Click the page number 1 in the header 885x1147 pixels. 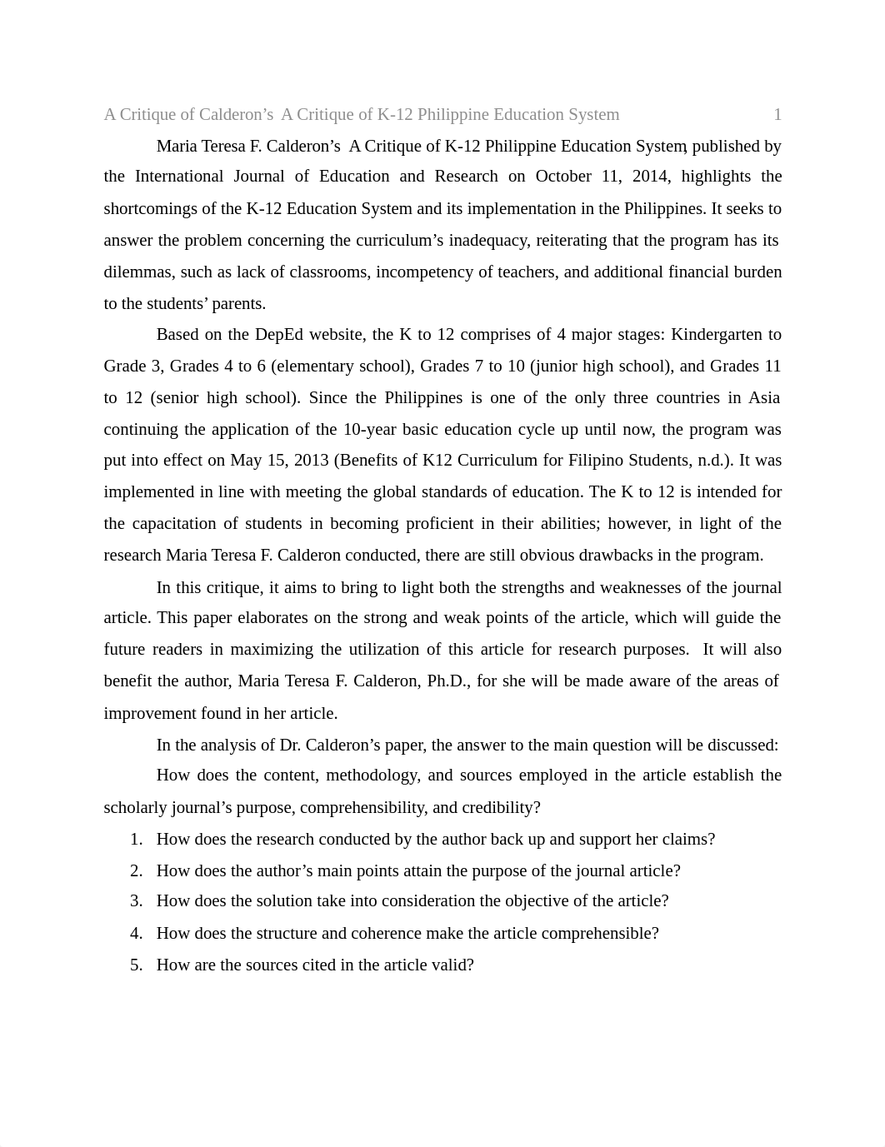coord(777,115)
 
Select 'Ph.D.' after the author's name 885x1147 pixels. coord(448,681)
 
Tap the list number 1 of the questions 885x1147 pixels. coord(136,840)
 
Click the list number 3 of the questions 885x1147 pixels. coord(136,901)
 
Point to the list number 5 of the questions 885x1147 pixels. coord(136,965)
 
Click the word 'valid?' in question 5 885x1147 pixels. coord(452,965)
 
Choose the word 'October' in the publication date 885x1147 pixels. coord(563,177)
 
